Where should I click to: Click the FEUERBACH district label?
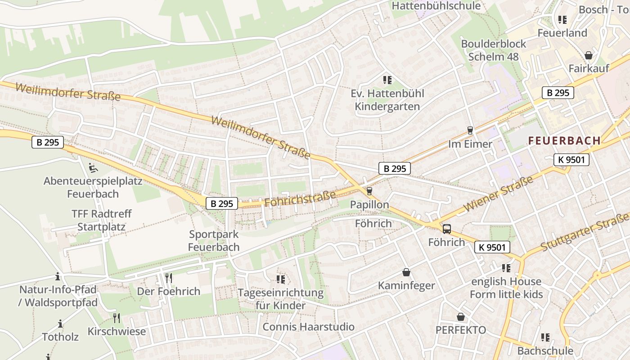(564, 140)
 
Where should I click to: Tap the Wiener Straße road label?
(498, 194)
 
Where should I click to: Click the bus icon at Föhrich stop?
(446, 229)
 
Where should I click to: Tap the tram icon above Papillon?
(369, 191)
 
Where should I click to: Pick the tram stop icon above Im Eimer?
(470, 130)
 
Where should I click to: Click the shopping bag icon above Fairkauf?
(588, 55)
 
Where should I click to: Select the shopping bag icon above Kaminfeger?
(406, 272)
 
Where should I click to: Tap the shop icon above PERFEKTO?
(460, 317)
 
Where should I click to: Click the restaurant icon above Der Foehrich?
(168, 278)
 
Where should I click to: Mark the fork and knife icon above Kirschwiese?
(117, 318)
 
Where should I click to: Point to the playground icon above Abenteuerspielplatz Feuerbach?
(93, 168)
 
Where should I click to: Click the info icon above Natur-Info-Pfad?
(58, 276)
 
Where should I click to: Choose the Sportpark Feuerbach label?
(214, 240)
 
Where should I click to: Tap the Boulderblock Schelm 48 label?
(494, 50)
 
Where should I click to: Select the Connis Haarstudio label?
(308, 327)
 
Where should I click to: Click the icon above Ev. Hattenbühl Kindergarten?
(387, 81)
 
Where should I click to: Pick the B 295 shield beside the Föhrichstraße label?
(222, 203)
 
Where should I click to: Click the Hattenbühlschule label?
(436, 6)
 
